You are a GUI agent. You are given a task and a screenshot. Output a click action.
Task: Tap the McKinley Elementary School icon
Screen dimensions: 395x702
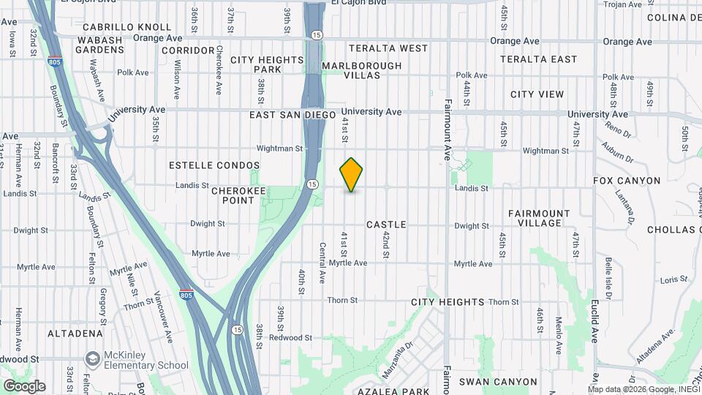pos(92,358)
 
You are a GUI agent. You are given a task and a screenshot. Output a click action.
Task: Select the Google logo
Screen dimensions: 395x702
pos(24,385)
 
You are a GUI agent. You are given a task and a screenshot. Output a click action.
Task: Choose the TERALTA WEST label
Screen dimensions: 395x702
pos(388,48)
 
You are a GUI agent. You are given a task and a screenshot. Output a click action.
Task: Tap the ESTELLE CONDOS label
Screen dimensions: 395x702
pos(214,165)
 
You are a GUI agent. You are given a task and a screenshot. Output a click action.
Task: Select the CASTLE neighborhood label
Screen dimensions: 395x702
pos(386,225)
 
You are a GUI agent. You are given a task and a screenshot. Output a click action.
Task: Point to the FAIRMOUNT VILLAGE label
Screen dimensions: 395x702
pos(539,219)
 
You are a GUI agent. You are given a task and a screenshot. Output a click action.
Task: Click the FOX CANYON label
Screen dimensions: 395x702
pos(627,180)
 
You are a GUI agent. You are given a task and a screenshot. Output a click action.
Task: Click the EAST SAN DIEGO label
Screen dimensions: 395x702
pos(292,115)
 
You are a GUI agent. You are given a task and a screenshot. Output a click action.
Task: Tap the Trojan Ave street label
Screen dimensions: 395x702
pos(623,4)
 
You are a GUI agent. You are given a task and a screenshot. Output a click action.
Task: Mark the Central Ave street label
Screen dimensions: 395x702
pos(322,263)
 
